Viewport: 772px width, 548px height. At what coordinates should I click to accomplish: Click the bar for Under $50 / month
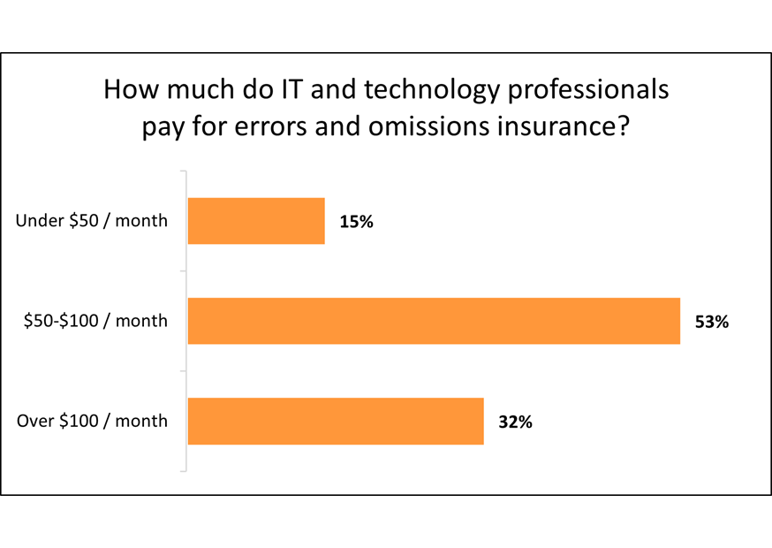256,221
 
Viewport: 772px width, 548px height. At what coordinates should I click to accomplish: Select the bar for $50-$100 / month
434,321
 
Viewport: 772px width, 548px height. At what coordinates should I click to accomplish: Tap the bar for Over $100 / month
336,421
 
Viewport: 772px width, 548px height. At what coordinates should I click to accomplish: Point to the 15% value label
356,222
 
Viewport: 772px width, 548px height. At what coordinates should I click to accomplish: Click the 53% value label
711,322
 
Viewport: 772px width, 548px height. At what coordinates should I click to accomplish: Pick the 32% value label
515,422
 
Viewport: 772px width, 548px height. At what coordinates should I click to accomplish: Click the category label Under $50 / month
92,221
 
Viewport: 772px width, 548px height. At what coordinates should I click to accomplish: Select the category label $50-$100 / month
95,321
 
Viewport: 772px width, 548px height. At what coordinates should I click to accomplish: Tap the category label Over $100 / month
92,421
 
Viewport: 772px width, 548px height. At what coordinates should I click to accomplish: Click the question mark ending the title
622,126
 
